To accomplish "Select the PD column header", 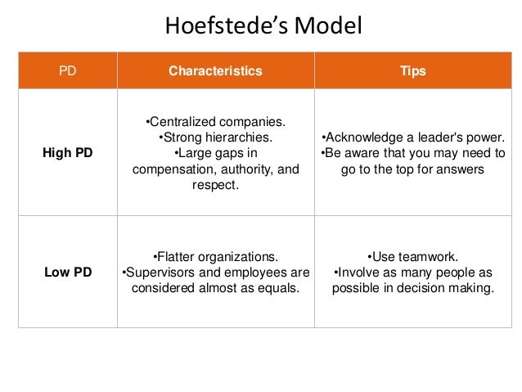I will pos(67,71).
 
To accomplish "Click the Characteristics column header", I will pos(215,71).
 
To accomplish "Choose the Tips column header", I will pos(413,71).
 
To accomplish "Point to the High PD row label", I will pos(68,153).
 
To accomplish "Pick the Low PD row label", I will pos(68,272).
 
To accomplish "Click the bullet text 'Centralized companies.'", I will pos(216,122).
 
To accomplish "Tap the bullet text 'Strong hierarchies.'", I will pos(216,137).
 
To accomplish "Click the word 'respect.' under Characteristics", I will pos(215,185).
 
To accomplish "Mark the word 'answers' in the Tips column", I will pos(464,169).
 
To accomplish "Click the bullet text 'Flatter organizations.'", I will pos(216,256).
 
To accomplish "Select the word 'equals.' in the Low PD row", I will pos(278,288).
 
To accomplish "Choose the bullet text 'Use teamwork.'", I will pos(413,256).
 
